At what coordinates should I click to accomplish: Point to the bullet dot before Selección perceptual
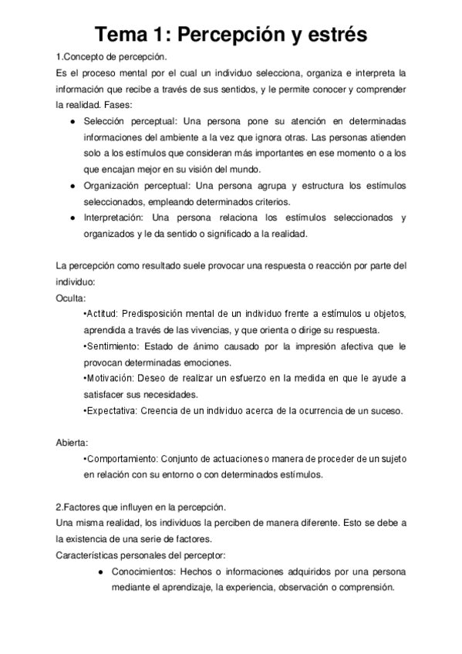pos(72,122)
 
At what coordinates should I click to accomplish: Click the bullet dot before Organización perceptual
pos(72,187)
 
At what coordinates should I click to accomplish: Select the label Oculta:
pos(72,298)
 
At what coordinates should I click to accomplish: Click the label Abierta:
pos(73,443)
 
